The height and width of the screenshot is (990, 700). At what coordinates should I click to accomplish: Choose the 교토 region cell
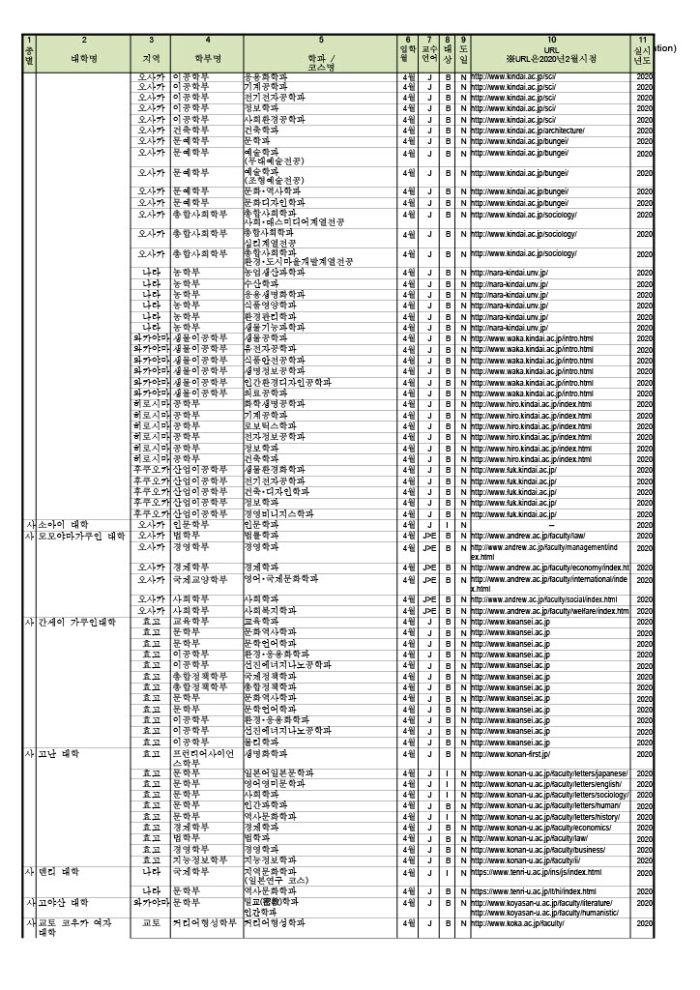pyautogui.click(x=151, y=923)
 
